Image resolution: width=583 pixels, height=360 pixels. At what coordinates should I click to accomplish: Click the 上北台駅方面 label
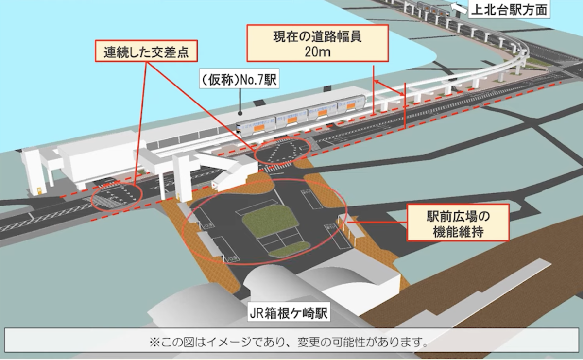[509, 10]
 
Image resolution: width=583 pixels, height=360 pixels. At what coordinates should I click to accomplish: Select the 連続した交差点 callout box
[146, 51]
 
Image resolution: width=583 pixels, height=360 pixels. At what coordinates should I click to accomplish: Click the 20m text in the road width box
[318, 52]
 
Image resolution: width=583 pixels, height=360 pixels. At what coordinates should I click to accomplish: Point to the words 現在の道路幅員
[318, 37]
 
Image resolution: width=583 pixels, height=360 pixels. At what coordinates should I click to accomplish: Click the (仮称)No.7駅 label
[239, 79]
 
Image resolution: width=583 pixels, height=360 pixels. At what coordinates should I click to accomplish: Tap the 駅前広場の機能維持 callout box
[458, 223]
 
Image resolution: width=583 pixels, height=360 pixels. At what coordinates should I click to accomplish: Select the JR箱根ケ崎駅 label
[289, 312]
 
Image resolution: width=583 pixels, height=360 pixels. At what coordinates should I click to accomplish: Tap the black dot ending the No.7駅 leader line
[240, 113]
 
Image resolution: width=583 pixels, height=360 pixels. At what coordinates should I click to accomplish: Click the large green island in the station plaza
[270, 221]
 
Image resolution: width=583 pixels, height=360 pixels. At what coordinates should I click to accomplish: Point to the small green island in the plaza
[290, 248]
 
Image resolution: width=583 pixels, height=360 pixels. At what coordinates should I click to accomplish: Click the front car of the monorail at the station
[256, 127]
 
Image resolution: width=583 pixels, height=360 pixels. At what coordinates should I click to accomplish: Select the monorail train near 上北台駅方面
[432, 8]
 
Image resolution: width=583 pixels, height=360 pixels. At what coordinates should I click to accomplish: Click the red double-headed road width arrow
[389, 88]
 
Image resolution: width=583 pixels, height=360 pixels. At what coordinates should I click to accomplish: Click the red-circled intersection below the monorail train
[282, 151]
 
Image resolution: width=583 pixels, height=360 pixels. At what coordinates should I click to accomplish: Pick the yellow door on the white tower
[39, 191]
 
